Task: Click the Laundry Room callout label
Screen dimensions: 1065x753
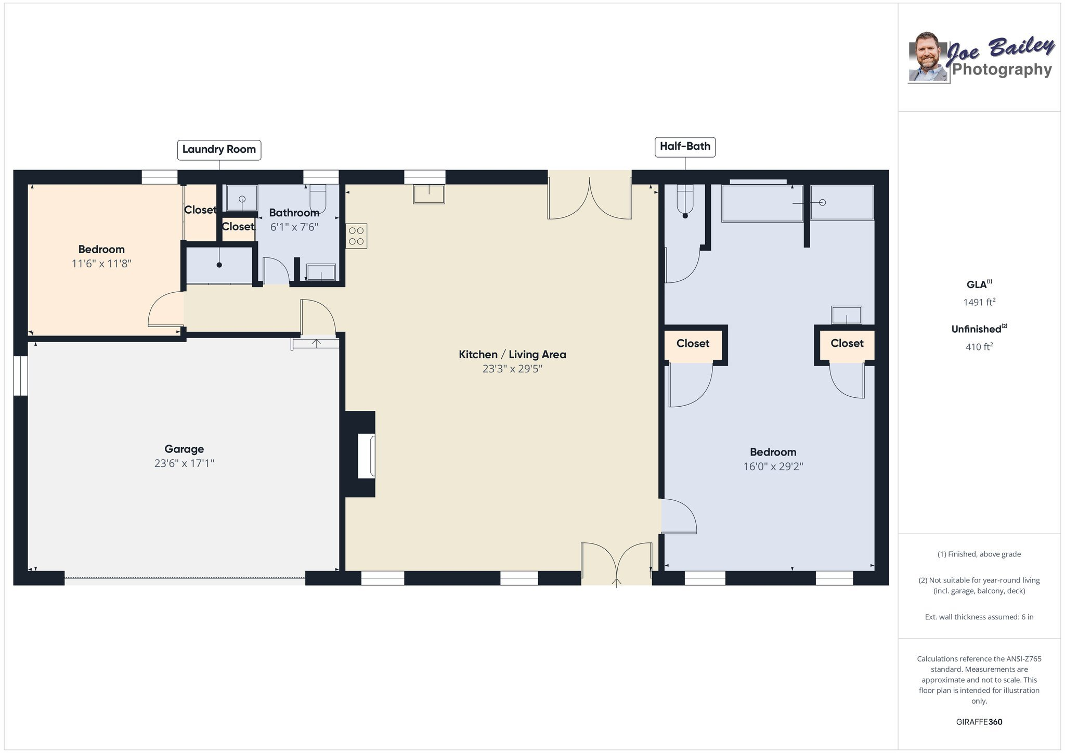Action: click(x=219, y=150)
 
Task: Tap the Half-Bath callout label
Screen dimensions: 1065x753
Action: click(x=685, y=147)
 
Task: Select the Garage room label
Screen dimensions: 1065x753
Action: click(x=184, y=449)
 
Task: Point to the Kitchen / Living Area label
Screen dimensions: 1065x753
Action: click(x=512, y=355)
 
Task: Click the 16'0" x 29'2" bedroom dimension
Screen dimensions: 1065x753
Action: click(x=773, y=466)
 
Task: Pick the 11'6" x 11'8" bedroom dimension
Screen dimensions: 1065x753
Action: click(x=101, y=264)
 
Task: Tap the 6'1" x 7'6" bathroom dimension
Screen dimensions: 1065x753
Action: click(x=294, y=227)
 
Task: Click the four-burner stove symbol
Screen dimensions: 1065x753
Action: click(x=357, y=236)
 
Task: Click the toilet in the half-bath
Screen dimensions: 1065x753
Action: click(x=685, y=201)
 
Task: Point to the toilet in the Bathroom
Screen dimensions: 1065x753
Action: click(x=318, y=199)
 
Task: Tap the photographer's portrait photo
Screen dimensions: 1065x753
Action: click(x=929, y=57)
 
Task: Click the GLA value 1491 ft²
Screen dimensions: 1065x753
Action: click(x=979, y=302)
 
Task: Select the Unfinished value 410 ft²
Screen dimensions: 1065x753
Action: click(x=979, y=347)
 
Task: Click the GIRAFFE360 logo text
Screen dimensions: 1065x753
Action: click(x=979, y=722)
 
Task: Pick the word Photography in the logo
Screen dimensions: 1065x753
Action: click(x=1002, y=70)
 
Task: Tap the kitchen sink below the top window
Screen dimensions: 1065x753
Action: click(x=429, y=194)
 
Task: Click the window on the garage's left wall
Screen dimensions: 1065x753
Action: click(x=20, y=375)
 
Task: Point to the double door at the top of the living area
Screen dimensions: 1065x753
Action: click(x=590, y=198)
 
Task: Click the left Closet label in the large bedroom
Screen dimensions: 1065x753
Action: click(x=693, y=344)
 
